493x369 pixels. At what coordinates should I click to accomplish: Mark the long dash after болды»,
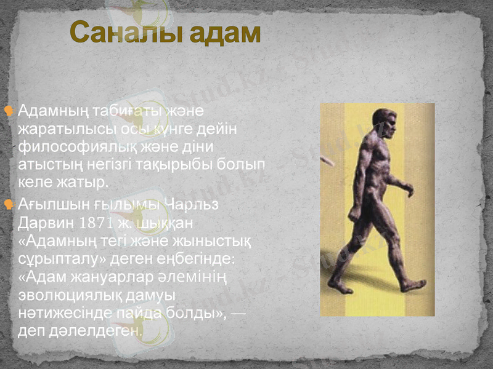[x=239, y=314]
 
